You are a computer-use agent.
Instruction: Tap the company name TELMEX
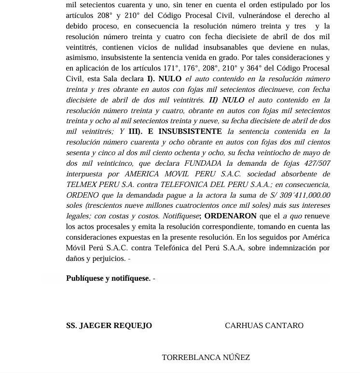(82, 185)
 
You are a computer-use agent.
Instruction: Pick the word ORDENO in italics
(82, 195)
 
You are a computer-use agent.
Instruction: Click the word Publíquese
(83, 278)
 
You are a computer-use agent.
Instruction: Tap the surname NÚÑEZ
(236, 358)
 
